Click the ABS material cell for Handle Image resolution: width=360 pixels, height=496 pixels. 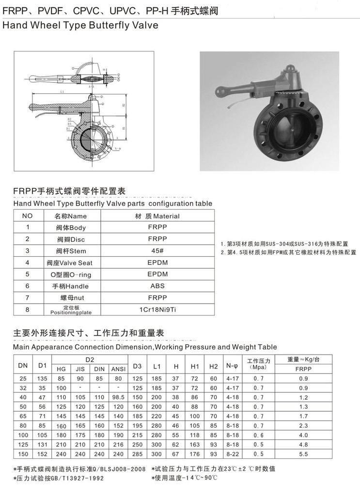coord(157,286)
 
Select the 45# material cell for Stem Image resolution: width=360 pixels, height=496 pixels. coord(157,250)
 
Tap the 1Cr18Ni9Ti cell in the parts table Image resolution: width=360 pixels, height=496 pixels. coord(157,309)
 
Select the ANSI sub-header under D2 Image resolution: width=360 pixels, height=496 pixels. coord(118,369)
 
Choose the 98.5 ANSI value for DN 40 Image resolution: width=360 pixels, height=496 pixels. coord(118,397)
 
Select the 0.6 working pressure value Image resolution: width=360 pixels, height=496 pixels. coord(260,434)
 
